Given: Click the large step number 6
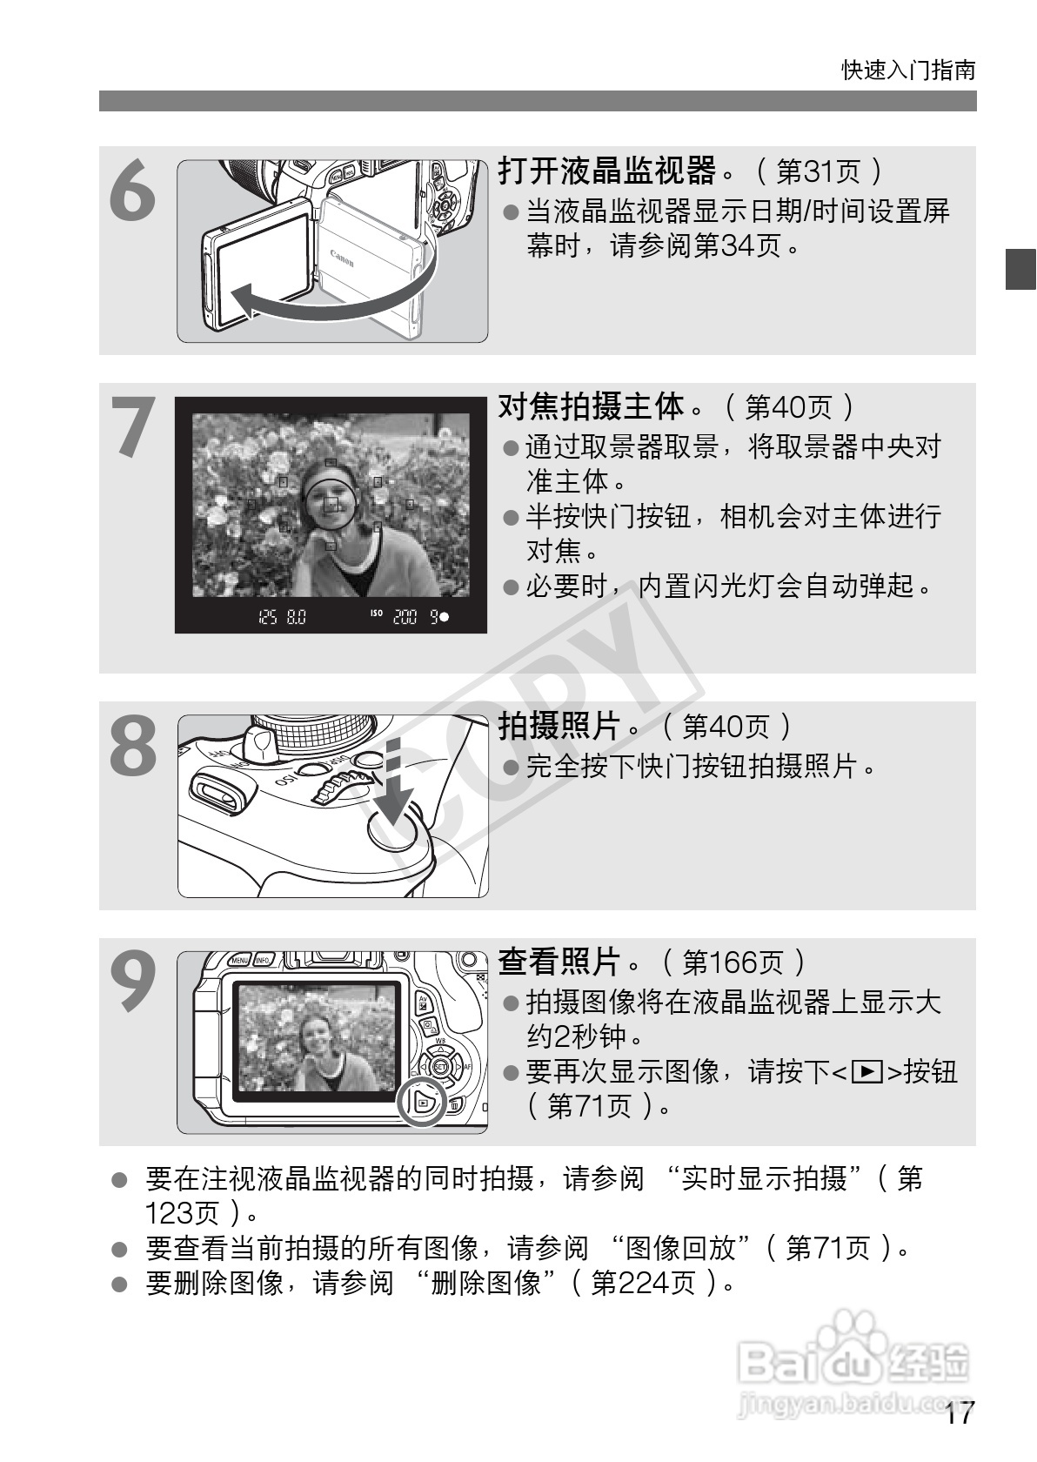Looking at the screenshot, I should (x=134, y=192).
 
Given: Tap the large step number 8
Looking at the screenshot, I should (x=134, y=746).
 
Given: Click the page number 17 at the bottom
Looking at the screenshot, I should (x=960, y=1413).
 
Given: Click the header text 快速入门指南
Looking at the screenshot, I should (x=908, y=70).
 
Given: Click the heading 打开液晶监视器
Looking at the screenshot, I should (x=607, y=171).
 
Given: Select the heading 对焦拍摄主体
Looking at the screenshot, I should (x=592, y=406).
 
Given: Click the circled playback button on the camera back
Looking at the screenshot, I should (x=422, y=1103).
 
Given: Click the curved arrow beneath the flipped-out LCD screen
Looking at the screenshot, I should (x=331, y=300).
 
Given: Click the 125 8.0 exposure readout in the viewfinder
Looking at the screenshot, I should (x=283, y=617).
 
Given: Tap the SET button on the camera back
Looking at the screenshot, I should (x=440, y=1066).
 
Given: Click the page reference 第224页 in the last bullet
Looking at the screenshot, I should (x=644, y=1283).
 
